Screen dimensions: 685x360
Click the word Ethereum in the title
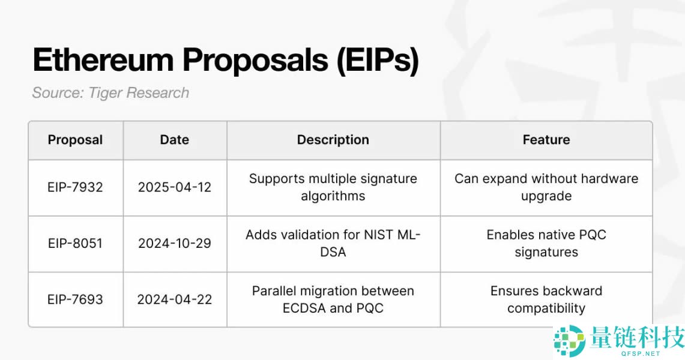click(x=103, y=59)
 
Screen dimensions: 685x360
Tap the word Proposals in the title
click(x=255, y=60)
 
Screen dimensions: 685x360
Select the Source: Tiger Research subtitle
click(x=110, y=93)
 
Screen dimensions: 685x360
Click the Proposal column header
click(x=75, y=140)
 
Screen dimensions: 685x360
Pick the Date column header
click(x=174, y=140)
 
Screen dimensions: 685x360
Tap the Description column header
click(x=333, y=140)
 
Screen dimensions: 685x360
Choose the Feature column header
click(x=546, y=140)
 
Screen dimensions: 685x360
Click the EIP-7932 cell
click(x=75, y=187)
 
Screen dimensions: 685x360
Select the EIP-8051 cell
click(x=75, y=244)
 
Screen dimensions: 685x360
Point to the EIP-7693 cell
click(x=75, y=299)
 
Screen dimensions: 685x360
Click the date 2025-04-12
click(x=174, y=187)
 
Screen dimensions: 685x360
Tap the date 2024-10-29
click(x=174, y=244)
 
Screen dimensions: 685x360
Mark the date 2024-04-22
click(x=174, y=299)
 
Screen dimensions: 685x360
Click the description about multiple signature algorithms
click(x=333, y=187)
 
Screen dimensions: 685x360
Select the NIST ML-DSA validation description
click(x=333, y=244)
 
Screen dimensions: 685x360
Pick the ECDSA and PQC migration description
click(x=333, y=299)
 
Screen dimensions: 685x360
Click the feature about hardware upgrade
click(x=546, y=187)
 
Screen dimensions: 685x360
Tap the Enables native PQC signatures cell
click(x=546, y=244)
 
